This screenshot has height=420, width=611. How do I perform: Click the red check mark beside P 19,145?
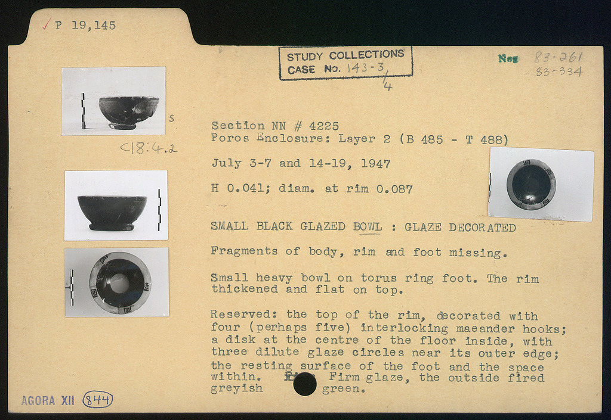coord(47,24)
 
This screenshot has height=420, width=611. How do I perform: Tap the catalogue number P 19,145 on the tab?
coord(86,26)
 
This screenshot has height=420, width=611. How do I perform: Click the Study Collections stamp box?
coord(345,63)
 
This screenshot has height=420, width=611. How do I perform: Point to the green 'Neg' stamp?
coord(508,59)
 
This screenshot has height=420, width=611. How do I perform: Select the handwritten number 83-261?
coord(558,58)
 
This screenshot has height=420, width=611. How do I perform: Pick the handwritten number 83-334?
coord(559,71)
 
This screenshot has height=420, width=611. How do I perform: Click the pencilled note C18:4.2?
coord(149,148)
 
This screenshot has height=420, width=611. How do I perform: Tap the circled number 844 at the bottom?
coord(97,400)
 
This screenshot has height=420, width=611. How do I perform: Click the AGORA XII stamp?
coord(48,400)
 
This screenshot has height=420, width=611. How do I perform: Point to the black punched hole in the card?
coord(305,384)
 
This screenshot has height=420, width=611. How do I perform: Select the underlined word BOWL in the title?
coord(368,226)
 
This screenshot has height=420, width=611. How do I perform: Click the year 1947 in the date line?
coord(376,164)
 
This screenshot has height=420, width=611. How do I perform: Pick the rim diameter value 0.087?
coord(394,189)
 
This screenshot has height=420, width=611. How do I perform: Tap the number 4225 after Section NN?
coord(324,126)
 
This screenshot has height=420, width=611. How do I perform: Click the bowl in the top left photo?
coord(129,113)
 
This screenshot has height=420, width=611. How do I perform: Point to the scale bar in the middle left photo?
coord(159,210)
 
